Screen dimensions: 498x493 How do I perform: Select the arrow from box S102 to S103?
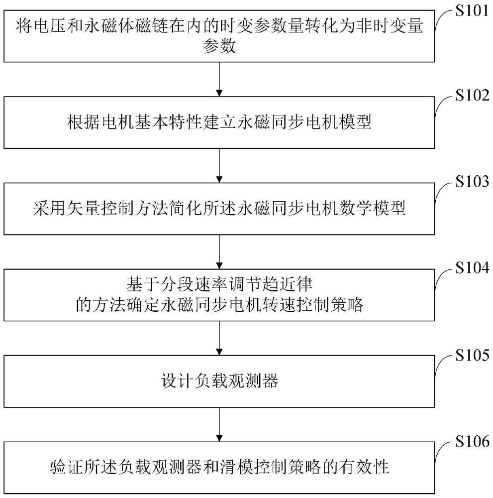[x=219, y=165]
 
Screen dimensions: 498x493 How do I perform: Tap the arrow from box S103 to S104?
[x=219, y=252]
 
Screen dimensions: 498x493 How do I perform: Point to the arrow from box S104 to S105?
[x=219, y=339]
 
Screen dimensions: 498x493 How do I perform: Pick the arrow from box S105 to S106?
[x=219, y=425]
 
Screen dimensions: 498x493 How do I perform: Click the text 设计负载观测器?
[x=219, y=382]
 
